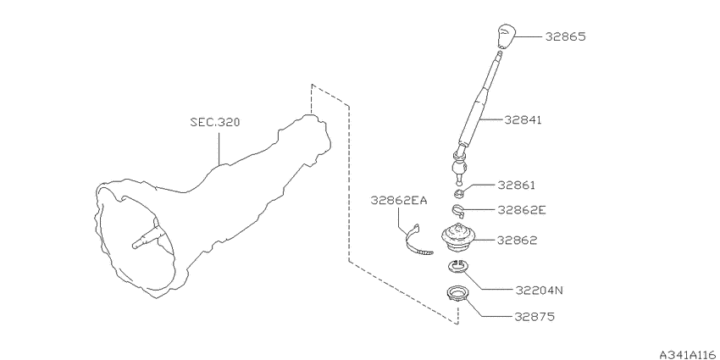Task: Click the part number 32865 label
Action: click(x=565, y=36)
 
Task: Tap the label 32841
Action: click(x=523, y=119)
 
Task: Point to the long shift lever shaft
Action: click(x=479, y=100)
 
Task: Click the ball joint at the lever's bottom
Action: click(x=459, y=167)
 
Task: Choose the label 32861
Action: click(x=517, y=185)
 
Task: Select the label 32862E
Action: click(x=522, y=210)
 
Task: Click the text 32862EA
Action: click(x=399, y=200)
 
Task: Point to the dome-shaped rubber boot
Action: click(x=458, y=237)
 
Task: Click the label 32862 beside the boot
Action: click(x=517, y=241)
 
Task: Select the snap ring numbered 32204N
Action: click(x=457, y=266)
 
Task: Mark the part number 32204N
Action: click(x=539, y=291)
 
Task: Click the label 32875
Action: click(x=534, y=317)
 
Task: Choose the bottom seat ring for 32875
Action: click(x=457, y=293)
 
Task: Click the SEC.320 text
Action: click(x=215, y=123)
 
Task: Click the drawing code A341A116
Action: click(x=689, y=354)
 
